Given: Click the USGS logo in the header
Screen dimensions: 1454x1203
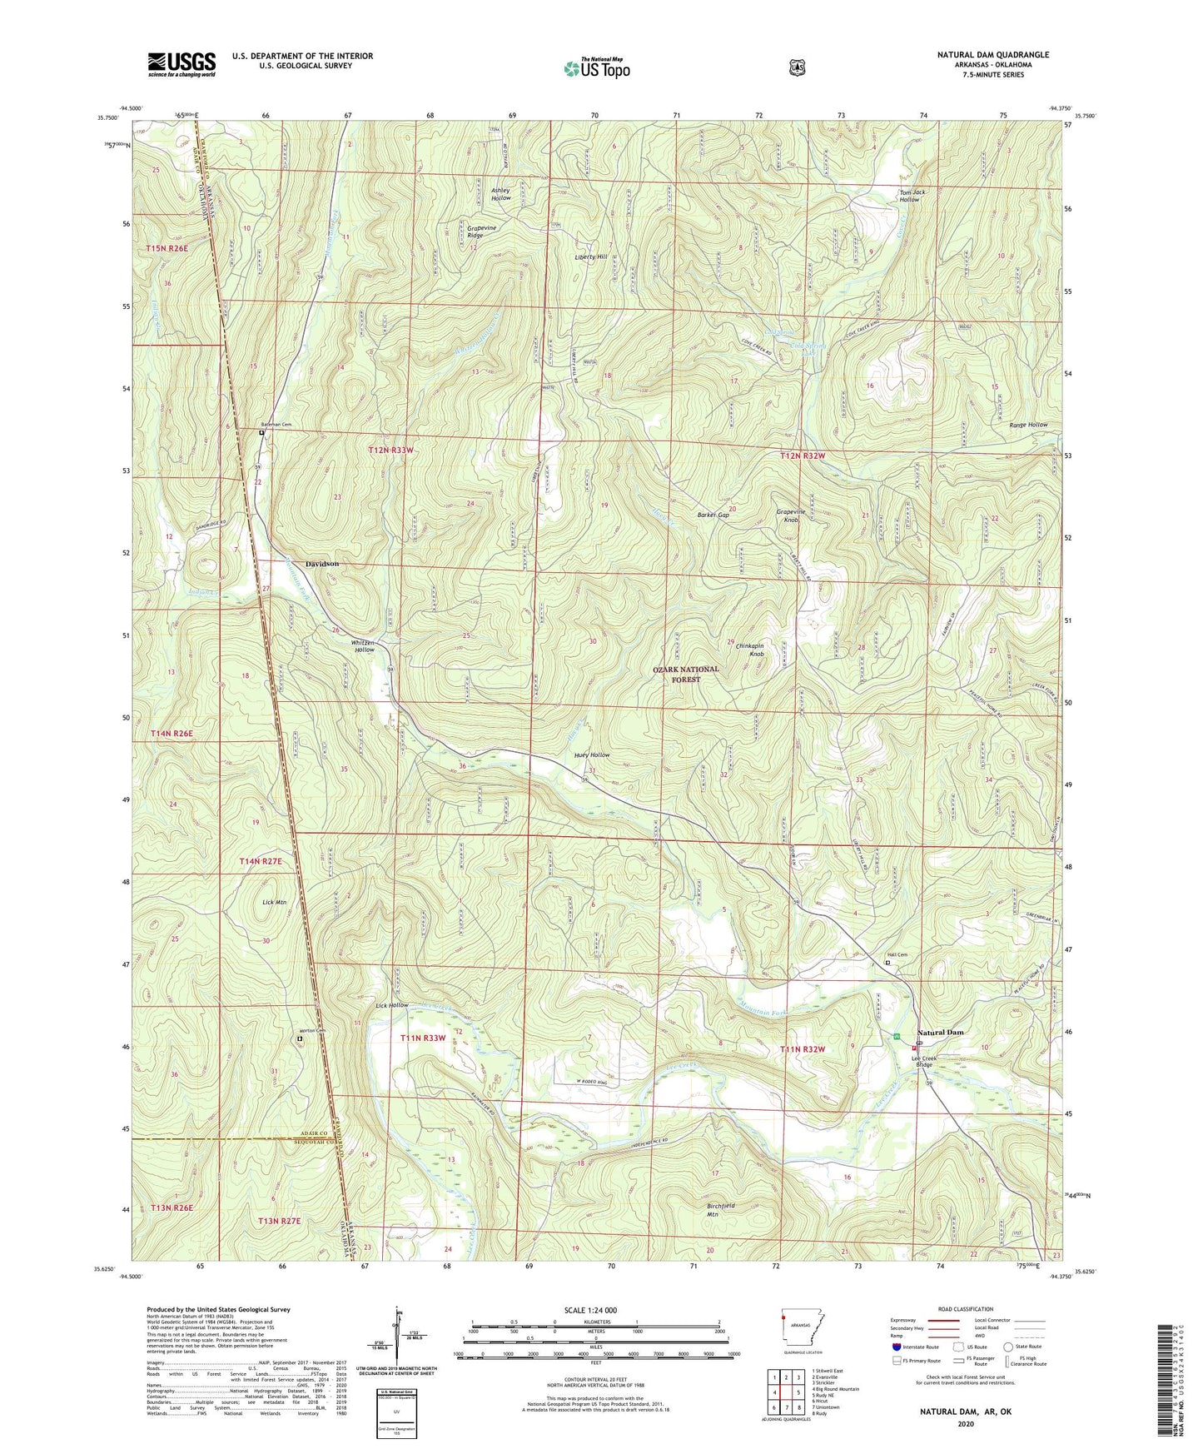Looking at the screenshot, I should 181,63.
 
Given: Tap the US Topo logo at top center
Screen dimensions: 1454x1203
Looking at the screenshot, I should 596,68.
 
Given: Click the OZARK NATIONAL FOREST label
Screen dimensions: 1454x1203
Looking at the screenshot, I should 687,674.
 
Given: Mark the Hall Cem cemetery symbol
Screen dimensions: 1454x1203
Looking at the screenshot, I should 887,963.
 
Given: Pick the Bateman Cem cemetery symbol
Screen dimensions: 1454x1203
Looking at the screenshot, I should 261,433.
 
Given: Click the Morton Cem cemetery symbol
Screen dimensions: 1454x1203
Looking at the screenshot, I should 301,1038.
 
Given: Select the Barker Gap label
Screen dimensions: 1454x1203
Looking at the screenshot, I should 713,515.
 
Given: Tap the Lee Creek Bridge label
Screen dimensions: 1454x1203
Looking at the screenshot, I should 925,1062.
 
